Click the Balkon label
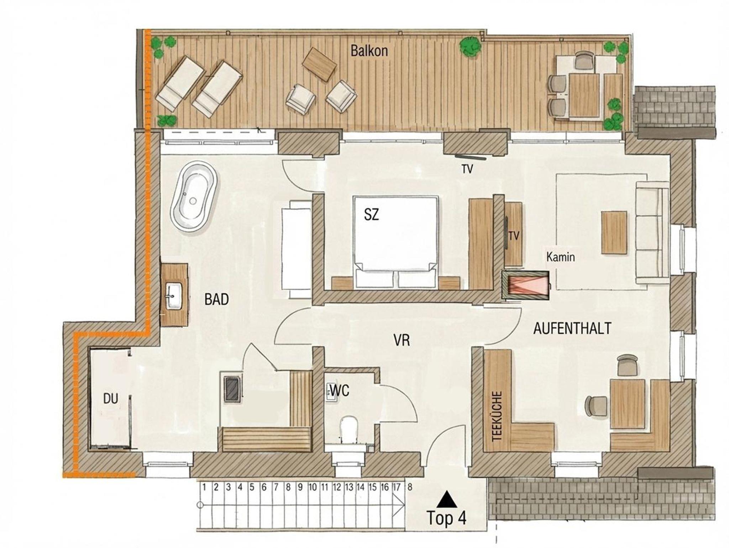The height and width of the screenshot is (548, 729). tap(369, 51)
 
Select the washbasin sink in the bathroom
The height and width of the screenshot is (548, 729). tap(174, 295)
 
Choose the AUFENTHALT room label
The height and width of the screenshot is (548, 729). tap(572, 328)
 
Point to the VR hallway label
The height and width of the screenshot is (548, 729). tap(402, 341)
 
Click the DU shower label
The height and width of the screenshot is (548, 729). tap(110, 399)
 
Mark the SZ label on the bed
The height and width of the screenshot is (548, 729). tap(371, 215)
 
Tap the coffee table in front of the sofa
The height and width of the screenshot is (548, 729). tap(614, 232)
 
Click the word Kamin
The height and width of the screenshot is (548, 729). tap(561, 257)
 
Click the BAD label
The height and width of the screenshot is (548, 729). tap(216, 300)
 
